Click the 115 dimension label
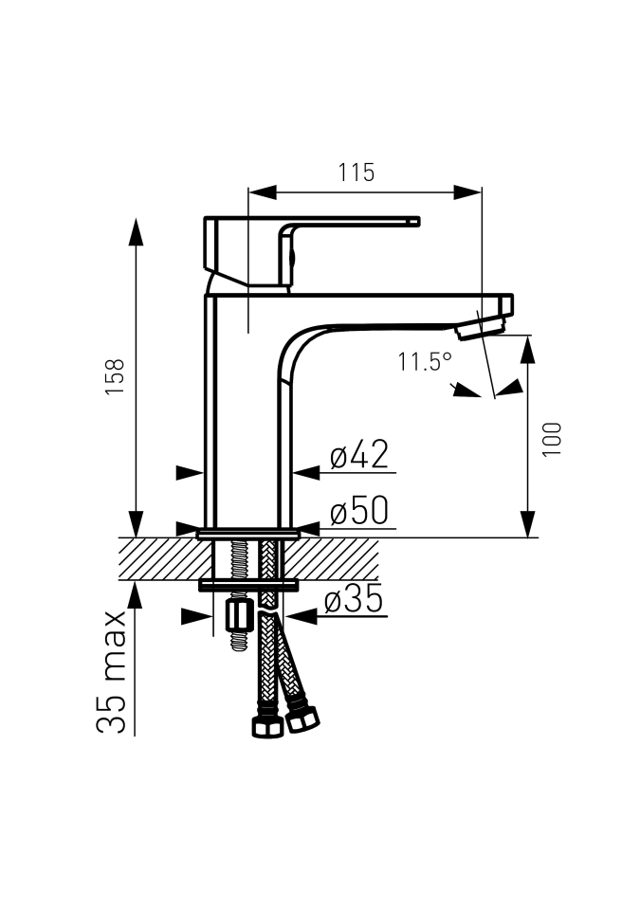coord(356,173)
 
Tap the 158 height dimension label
coord(115,376)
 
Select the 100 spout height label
coord(553,439)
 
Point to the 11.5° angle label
coord(425,361)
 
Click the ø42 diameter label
coord(359,454)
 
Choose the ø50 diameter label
coord(359,511)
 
